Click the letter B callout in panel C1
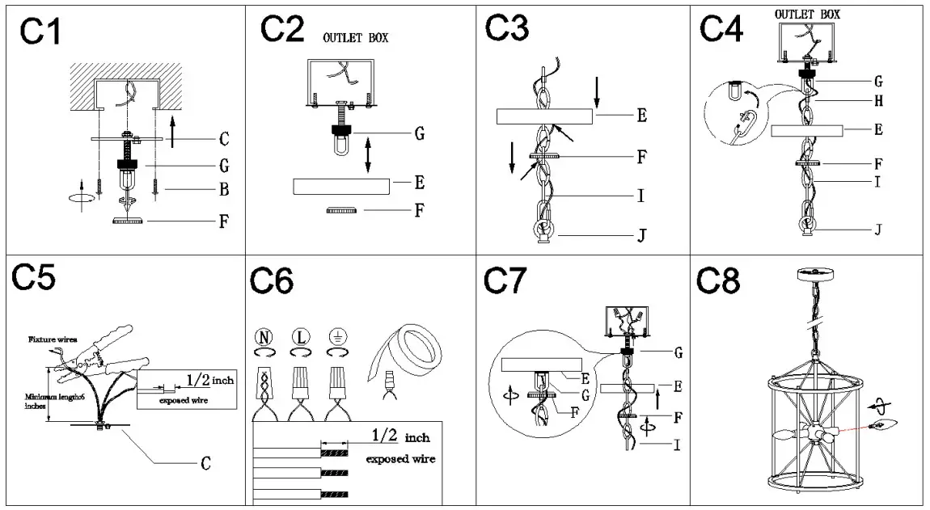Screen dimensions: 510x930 click(x=224, y=191)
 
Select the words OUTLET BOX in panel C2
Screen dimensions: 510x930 click(x=356, y=38)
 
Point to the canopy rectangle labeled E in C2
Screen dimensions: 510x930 click(x=340, y=186)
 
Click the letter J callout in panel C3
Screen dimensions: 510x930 click(x=640, y=237)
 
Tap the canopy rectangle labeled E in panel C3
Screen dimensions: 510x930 click(x=546, y=116)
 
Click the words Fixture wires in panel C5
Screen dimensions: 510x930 click(x=53, y=339)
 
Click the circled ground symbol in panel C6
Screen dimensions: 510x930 click(x=336, y=337)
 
